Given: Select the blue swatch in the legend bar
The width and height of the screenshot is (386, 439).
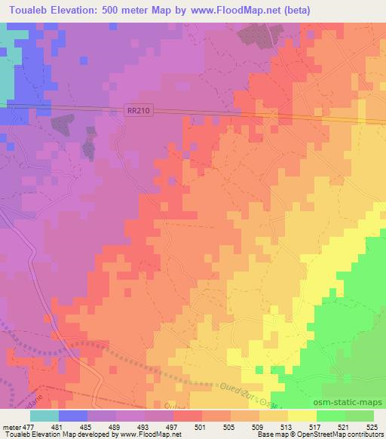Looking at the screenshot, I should click(x=73, y=415).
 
